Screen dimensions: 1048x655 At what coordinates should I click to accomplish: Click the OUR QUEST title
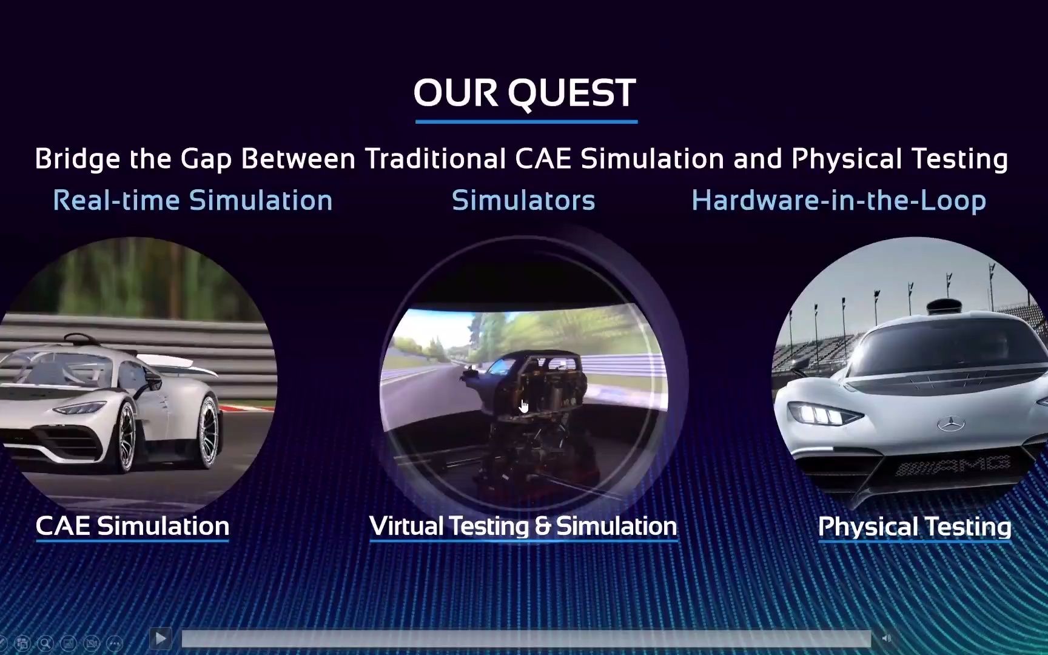click(525, 93)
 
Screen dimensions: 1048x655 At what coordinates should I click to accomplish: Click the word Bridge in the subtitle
click(77, 160)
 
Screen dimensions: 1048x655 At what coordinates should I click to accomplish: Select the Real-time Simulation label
click(193, 200)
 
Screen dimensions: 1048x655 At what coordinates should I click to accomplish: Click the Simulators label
click(523, 200)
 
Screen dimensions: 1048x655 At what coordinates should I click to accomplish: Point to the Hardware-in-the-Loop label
click(839, 201)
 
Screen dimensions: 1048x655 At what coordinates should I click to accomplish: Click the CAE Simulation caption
click(132, 526)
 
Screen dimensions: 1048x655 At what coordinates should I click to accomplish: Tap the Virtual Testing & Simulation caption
click(523, 526)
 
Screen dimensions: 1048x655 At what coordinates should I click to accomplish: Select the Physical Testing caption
click(915, 526)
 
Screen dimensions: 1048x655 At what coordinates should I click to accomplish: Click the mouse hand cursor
click(524, 406)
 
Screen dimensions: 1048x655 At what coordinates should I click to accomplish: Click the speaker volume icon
click(886, 638)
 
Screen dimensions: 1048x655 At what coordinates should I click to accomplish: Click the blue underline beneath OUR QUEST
click(526, 121)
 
